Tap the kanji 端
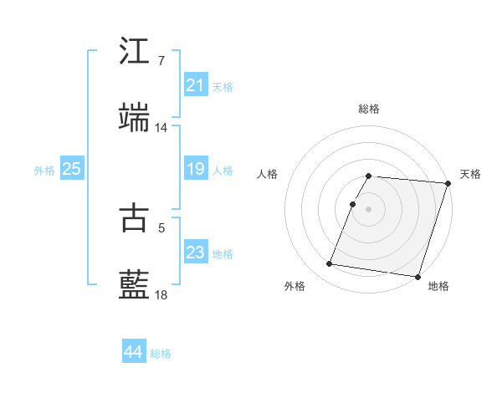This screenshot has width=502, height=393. [135, 118]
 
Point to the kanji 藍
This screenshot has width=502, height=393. [135, 285]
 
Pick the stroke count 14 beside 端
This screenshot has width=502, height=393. [161, 128]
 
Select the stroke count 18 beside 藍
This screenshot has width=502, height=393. [161, 295]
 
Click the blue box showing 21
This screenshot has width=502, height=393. [196, 85]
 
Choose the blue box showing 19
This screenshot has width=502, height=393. [196, 169]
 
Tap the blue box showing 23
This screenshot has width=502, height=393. [196, 253]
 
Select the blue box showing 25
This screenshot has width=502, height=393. [72, 169]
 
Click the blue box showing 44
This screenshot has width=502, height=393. [134, 352]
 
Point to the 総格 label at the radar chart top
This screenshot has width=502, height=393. [369, 109]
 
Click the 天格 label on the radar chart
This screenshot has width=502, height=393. [470, 174]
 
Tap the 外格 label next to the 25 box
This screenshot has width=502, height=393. [44, 170]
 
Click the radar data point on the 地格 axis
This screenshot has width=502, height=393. [417, 276]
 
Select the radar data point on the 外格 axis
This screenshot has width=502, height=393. [330, 264]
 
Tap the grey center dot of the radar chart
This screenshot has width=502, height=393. [369, 208]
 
